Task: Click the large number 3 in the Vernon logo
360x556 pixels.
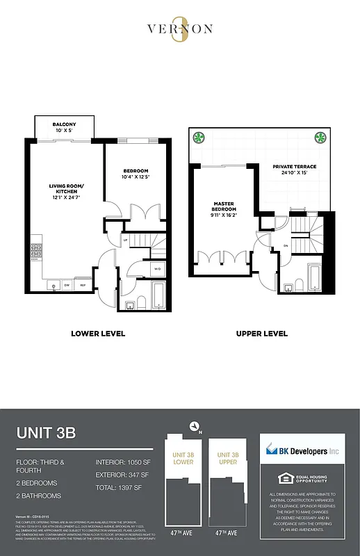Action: [180, 32]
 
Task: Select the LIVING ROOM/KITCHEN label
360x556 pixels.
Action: [66, 190]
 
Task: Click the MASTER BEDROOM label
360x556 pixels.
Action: [224, 206]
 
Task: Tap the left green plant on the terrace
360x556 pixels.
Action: [198, 136]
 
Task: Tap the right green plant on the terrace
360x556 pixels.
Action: [321, 136]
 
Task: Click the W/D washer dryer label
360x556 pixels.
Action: [157, 269]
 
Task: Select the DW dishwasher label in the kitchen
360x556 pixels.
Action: [67, 285]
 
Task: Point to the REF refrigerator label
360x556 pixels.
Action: [82, 285]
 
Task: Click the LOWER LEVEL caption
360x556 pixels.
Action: [98, 334]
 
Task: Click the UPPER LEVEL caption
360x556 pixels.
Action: [261, 334]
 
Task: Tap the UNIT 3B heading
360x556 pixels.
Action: [45, 433]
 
